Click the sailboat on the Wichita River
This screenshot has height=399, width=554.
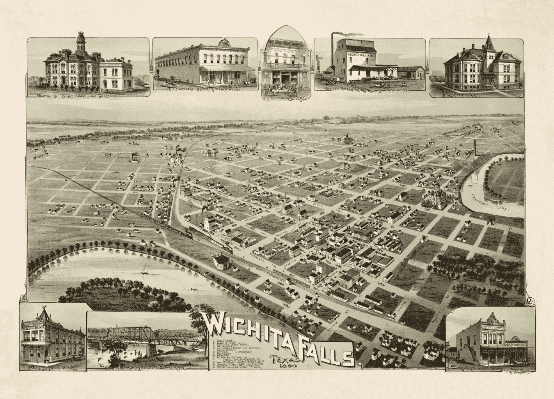pos(144,270)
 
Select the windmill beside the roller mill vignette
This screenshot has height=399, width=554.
pos(320,60)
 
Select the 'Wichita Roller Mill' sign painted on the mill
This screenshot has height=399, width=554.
pos(362,55)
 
